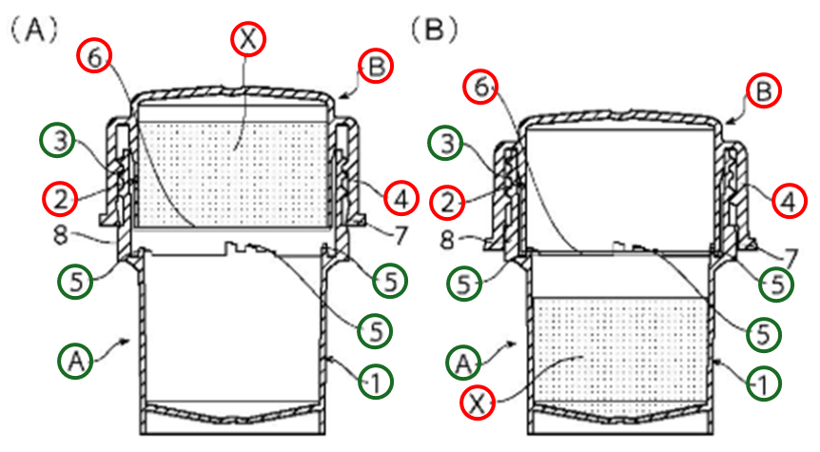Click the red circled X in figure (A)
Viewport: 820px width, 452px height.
tap(248, 39)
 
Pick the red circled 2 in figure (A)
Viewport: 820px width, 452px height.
tap(58, 199)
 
